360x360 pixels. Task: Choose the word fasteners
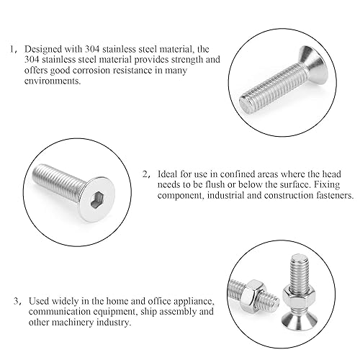330,195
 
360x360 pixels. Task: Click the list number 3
17,301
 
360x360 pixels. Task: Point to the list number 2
145,174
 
